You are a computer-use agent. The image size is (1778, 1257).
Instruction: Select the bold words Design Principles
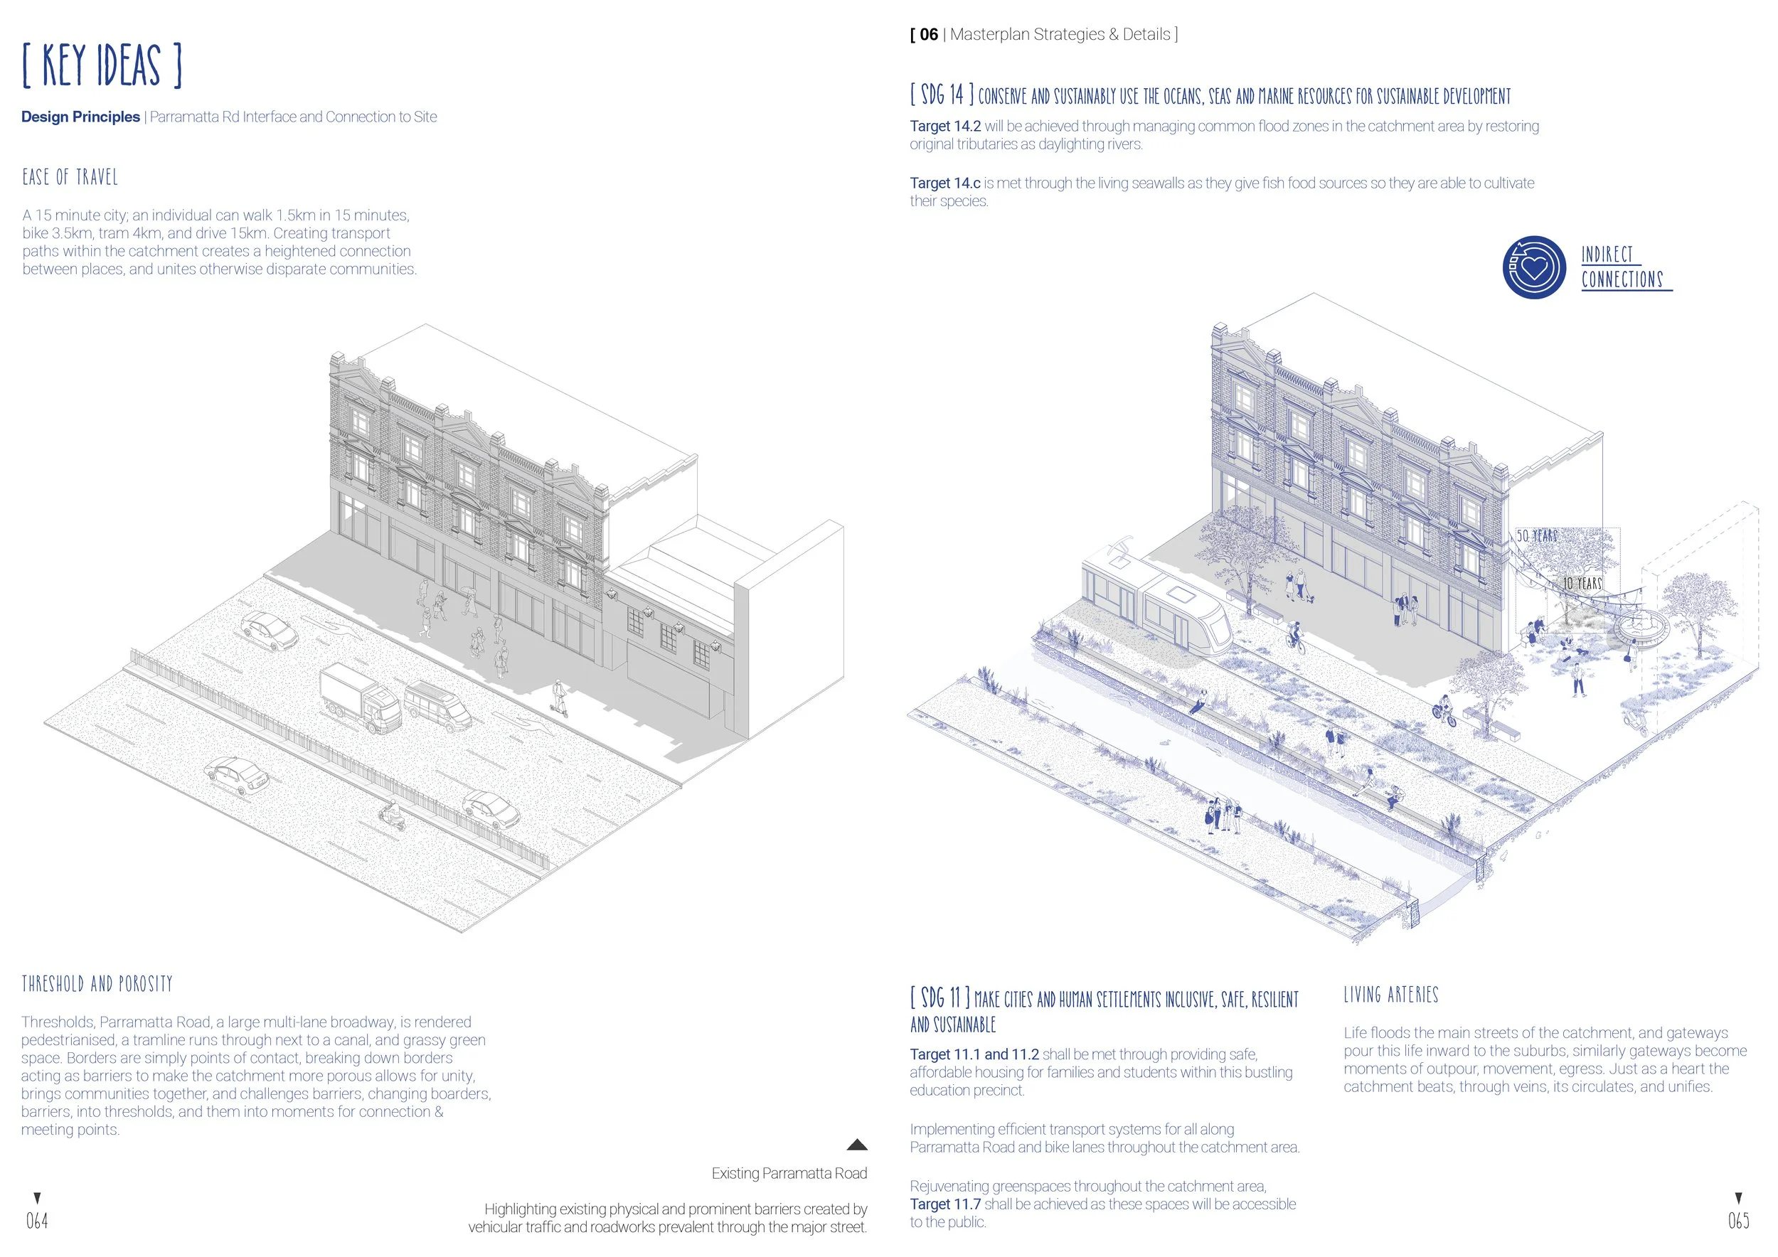point(80,117)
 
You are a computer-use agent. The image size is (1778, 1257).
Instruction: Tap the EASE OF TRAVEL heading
point(70,177)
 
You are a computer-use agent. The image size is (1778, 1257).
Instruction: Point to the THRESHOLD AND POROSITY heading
point(97,984)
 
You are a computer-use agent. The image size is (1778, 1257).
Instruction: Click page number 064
point(36,1221)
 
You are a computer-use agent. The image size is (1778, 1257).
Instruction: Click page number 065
point(1738,1221)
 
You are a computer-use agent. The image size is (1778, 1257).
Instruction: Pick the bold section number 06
point(929,35)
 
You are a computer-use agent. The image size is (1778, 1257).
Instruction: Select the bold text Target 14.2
point(944,126)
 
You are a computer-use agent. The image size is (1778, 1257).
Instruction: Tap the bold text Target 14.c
point(944,183)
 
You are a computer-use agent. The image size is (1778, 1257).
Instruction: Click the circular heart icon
point(1534,267)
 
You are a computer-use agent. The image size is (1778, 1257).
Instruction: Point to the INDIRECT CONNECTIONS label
point(1623,267)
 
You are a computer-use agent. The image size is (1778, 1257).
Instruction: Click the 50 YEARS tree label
point(1536,535)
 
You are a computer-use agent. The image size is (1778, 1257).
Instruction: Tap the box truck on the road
point(360,697)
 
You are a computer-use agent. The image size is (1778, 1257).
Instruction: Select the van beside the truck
point(438,705)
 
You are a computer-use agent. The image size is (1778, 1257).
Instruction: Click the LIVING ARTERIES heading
point(1391,995)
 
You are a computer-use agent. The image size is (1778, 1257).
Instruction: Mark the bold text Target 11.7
point(944,1204)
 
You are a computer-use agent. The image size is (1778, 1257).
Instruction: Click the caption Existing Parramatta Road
point(789,1173)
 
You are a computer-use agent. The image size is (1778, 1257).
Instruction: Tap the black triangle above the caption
point(856,1145)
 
